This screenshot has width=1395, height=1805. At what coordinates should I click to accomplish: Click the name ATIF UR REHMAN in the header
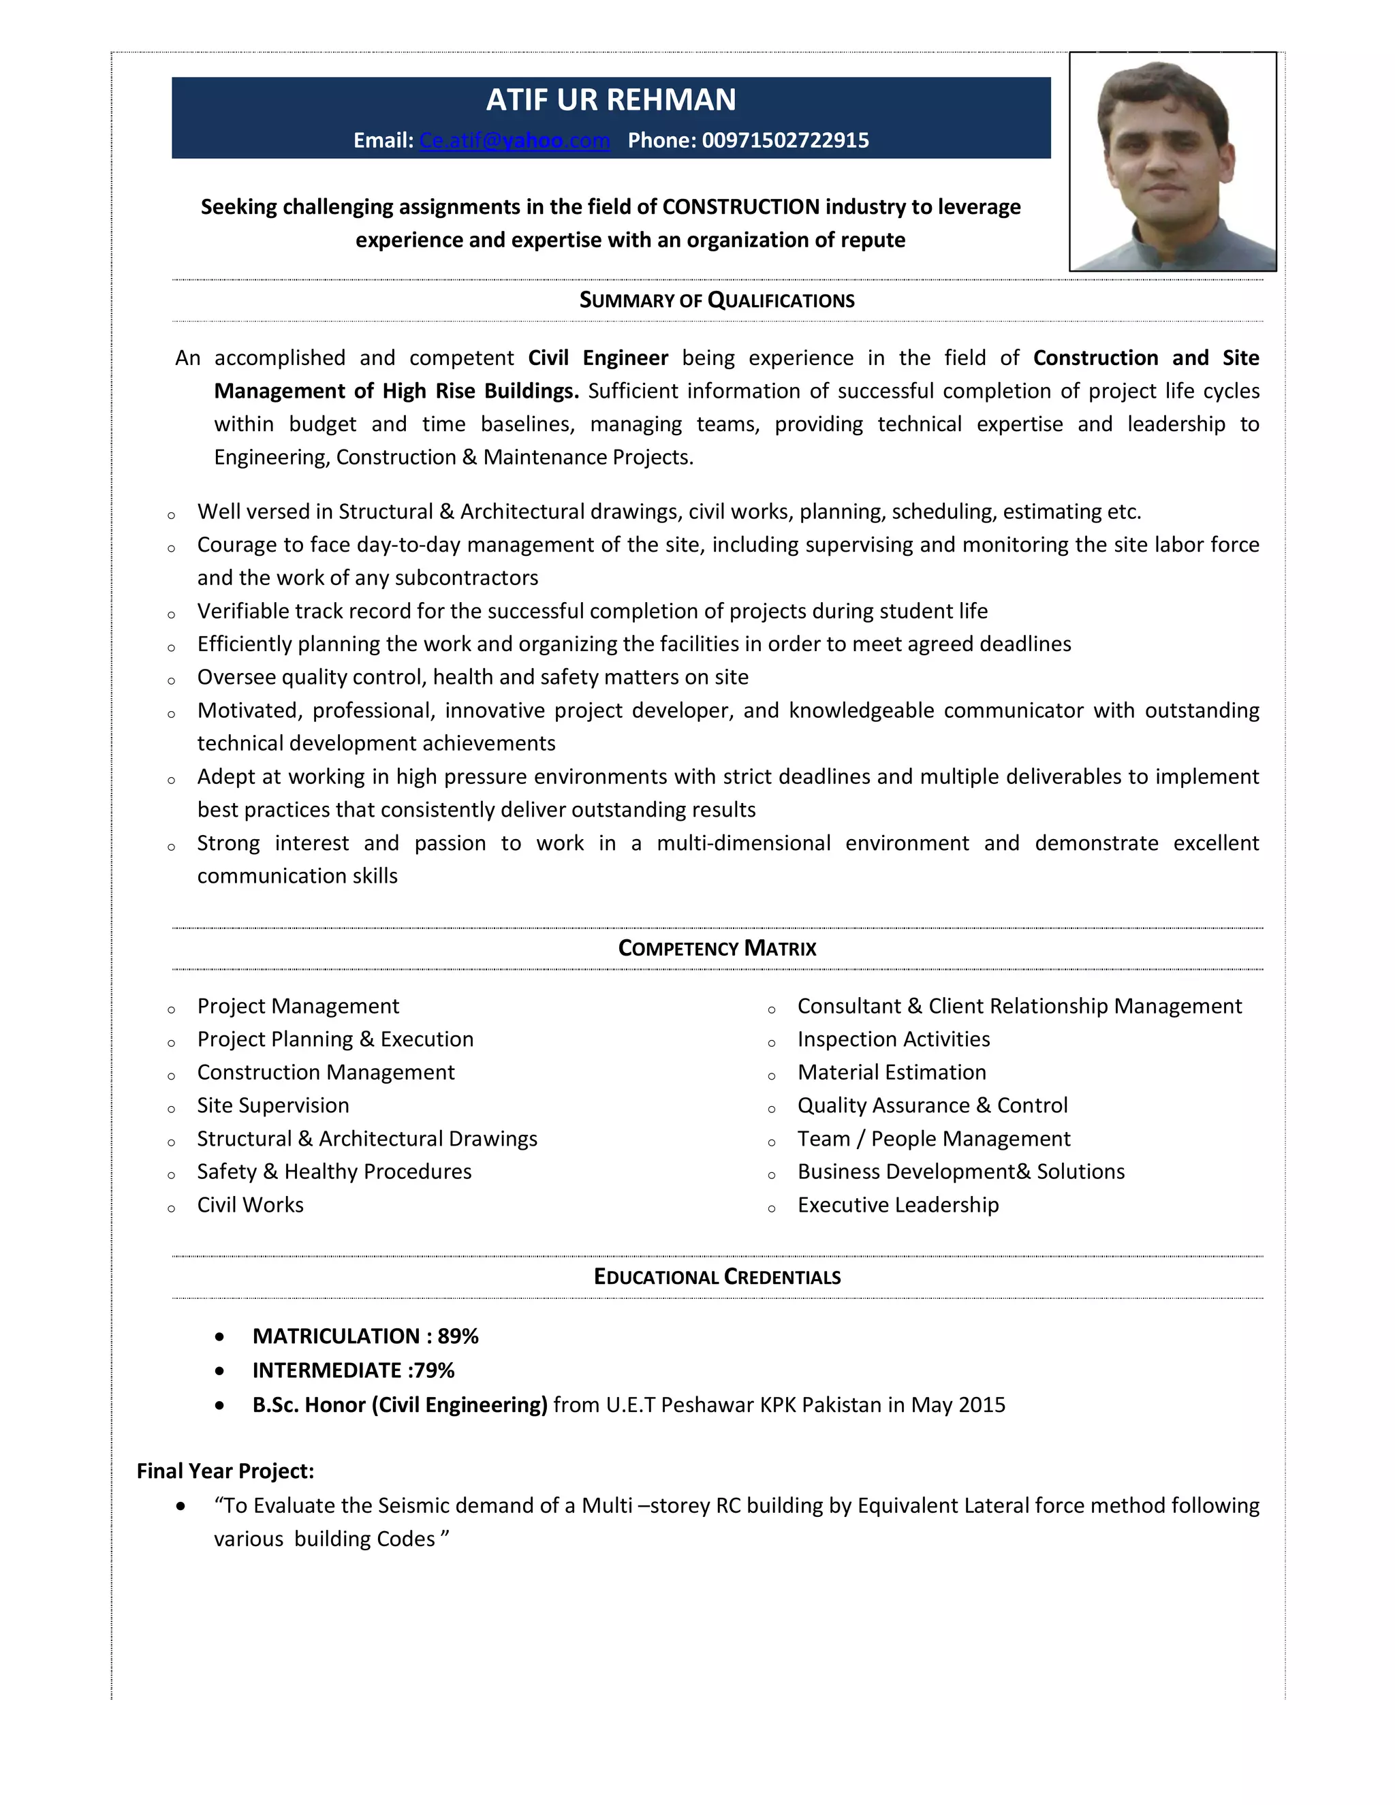pos(611,100)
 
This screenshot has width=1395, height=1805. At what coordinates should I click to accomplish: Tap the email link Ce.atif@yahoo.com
pos(514,140)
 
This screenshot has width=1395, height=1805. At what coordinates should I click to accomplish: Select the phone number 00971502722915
pos(785,140)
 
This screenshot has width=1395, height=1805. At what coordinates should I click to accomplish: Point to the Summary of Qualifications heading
pos(717,300)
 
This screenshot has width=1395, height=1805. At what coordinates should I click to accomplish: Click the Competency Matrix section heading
pos(717,948)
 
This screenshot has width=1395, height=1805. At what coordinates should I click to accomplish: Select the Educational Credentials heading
pos(717,1277)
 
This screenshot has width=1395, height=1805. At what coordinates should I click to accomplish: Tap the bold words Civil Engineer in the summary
pos(597,358)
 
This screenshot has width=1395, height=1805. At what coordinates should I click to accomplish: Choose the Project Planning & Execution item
pos(334,1039)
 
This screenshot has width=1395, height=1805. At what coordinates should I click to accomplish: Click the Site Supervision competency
pos(272,1105)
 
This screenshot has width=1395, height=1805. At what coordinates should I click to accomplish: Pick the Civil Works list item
pos(249,1205)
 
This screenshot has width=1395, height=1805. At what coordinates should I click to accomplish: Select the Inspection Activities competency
pos(894,1039)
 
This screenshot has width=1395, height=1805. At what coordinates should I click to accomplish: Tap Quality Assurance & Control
pos(932,1105)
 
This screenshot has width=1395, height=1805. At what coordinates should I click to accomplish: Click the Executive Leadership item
pos(898,1205)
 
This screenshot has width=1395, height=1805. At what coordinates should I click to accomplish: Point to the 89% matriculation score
pos(458,1336)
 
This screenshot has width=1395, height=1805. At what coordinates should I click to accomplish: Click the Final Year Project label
pos(225,1471)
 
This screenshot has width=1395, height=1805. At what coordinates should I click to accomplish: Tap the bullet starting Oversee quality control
pos(472,677)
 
